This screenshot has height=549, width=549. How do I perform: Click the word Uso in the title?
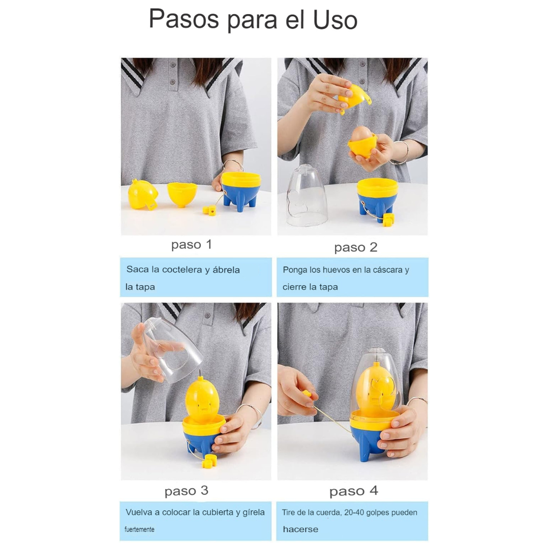[x=335, y=20]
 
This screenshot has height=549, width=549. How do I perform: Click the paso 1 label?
[x=192, y=245]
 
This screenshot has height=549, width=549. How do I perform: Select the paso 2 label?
[x=356, y=248]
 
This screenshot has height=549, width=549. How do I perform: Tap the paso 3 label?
[x=186, y=491]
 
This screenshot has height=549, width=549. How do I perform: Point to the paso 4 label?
[x=354, y=491]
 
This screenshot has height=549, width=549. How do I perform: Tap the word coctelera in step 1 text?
[x=181, y=269]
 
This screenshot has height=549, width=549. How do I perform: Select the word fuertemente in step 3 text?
[x=139, y=529]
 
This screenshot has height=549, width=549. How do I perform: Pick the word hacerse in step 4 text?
[x=300, y=529]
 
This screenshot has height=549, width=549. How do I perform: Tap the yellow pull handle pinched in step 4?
[x=307, y=394]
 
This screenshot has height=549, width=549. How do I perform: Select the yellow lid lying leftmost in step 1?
[x=143, y=195]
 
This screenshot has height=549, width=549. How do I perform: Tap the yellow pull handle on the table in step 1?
[x=209, y=211]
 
